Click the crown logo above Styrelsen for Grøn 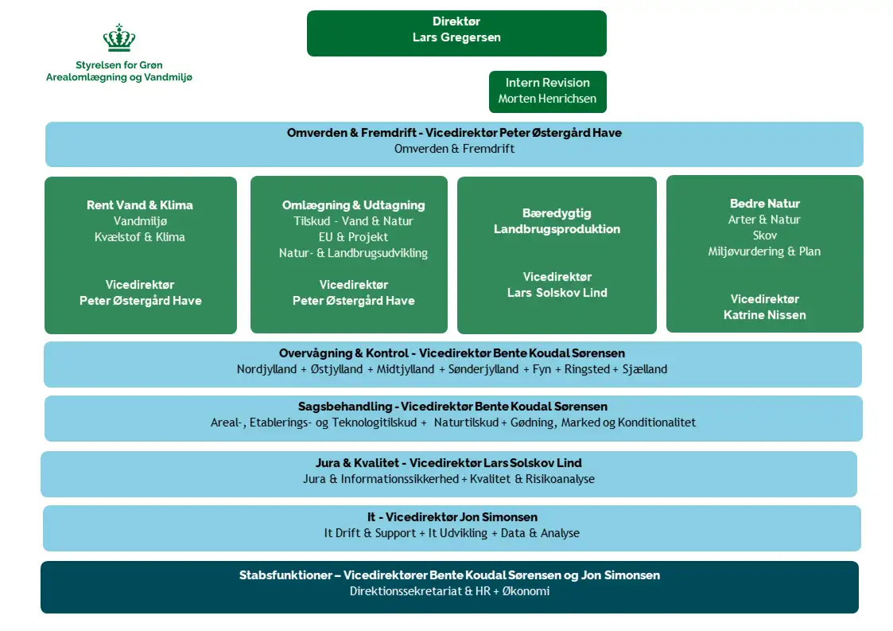(x=119, y=38)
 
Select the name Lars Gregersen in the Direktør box (x=456, y=37)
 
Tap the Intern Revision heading (x=547, y=83)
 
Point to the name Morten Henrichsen (x=547, y=99)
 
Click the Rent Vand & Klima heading (x=140, y=205)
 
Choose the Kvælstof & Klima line (x=140, y=237)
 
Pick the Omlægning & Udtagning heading (x=353, y=205)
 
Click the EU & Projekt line (x=353, y=237)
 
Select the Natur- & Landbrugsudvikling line (x=353, y=253)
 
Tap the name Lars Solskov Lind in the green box (x=557, y=293)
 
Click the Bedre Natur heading (x=764, y=204)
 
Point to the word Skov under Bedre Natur (x=764, y=236)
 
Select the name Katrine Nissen (x=764, y=315)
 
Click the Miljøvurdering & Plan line (x=764, y=251)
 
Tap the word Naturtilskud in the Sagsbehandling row (x=466, y=423)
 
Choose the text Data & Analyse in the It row (x=540, y=533)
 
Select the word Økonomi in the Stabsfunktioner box (x=526, y=591)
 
